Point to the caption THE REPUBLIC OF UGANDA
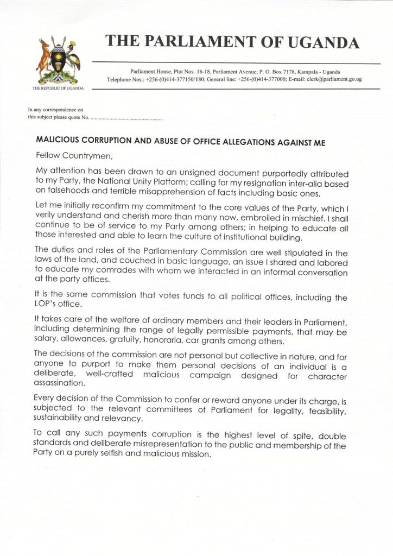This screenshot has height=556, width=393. [x=58, y=88]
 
